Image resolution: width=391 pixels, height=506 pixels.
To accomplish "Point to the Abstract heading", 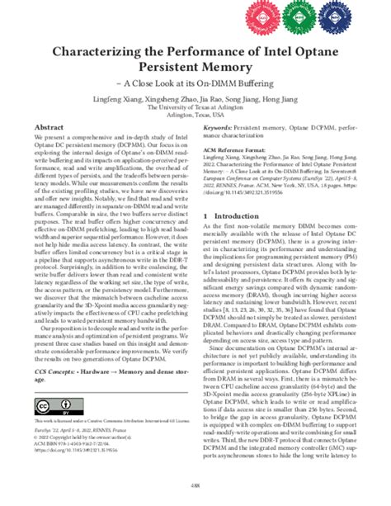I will (x=49, y=128).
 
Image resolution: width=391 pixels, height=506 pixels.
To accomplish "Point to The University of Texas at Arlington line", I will (x=195, y=108).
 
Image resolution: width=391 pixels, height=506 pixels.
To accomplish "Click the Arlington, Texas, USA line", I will (x=195, y=116).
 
